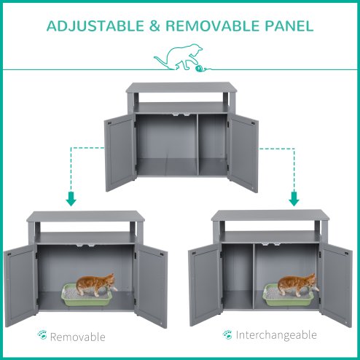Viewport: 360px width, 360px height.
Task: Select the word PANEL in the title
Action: tap(289, 26)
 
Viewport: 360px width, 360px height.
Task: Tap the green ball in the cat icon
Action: tap(199, 69)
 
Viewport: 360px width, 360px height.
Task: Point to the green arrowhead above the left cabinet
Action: tap(71, 199)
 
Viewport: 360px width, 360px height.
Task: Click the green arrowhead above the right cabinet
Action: tap(294, 199)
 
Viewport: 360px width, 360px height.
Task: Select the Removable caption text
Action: tap(79, 337)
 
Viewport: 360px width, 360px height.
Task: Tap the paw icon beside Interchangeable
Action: tap(228, 334)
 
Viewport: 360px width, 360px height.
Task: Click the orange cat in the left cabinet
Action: tap(98, 283)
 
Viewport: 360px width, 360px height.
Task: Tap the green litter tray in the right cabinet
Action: tap(288, 295)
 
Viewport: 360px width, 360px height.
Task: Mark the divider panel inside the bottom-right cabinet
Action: tap(251, 273)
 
